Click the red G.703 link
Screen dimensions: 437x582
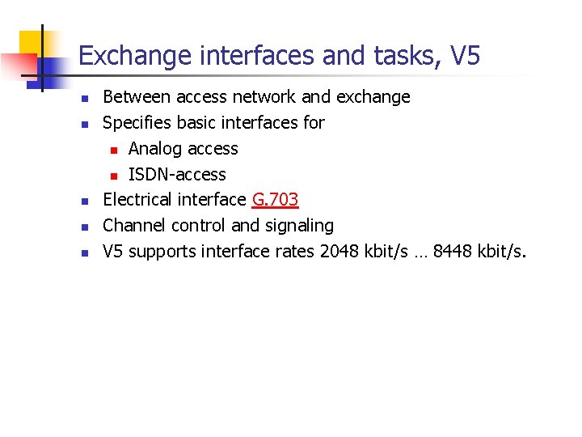click(x=276, y=200)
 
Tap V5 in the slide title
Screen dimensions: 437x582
click(x=466, y=56)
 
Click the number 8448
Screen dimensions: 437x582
click(x=455, y=252)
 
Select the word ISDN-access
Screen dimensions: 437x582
click(x=177, y=175)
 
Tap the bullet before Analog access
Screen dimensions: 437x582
click(x=114, y=150)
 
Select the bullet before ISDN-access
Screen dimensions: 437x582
click(x=114, y=176)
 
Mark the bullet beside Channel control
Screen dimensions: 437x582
click(x=83, y=227)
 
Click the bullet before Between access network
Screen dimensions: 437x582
click(x=83, y=98)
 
